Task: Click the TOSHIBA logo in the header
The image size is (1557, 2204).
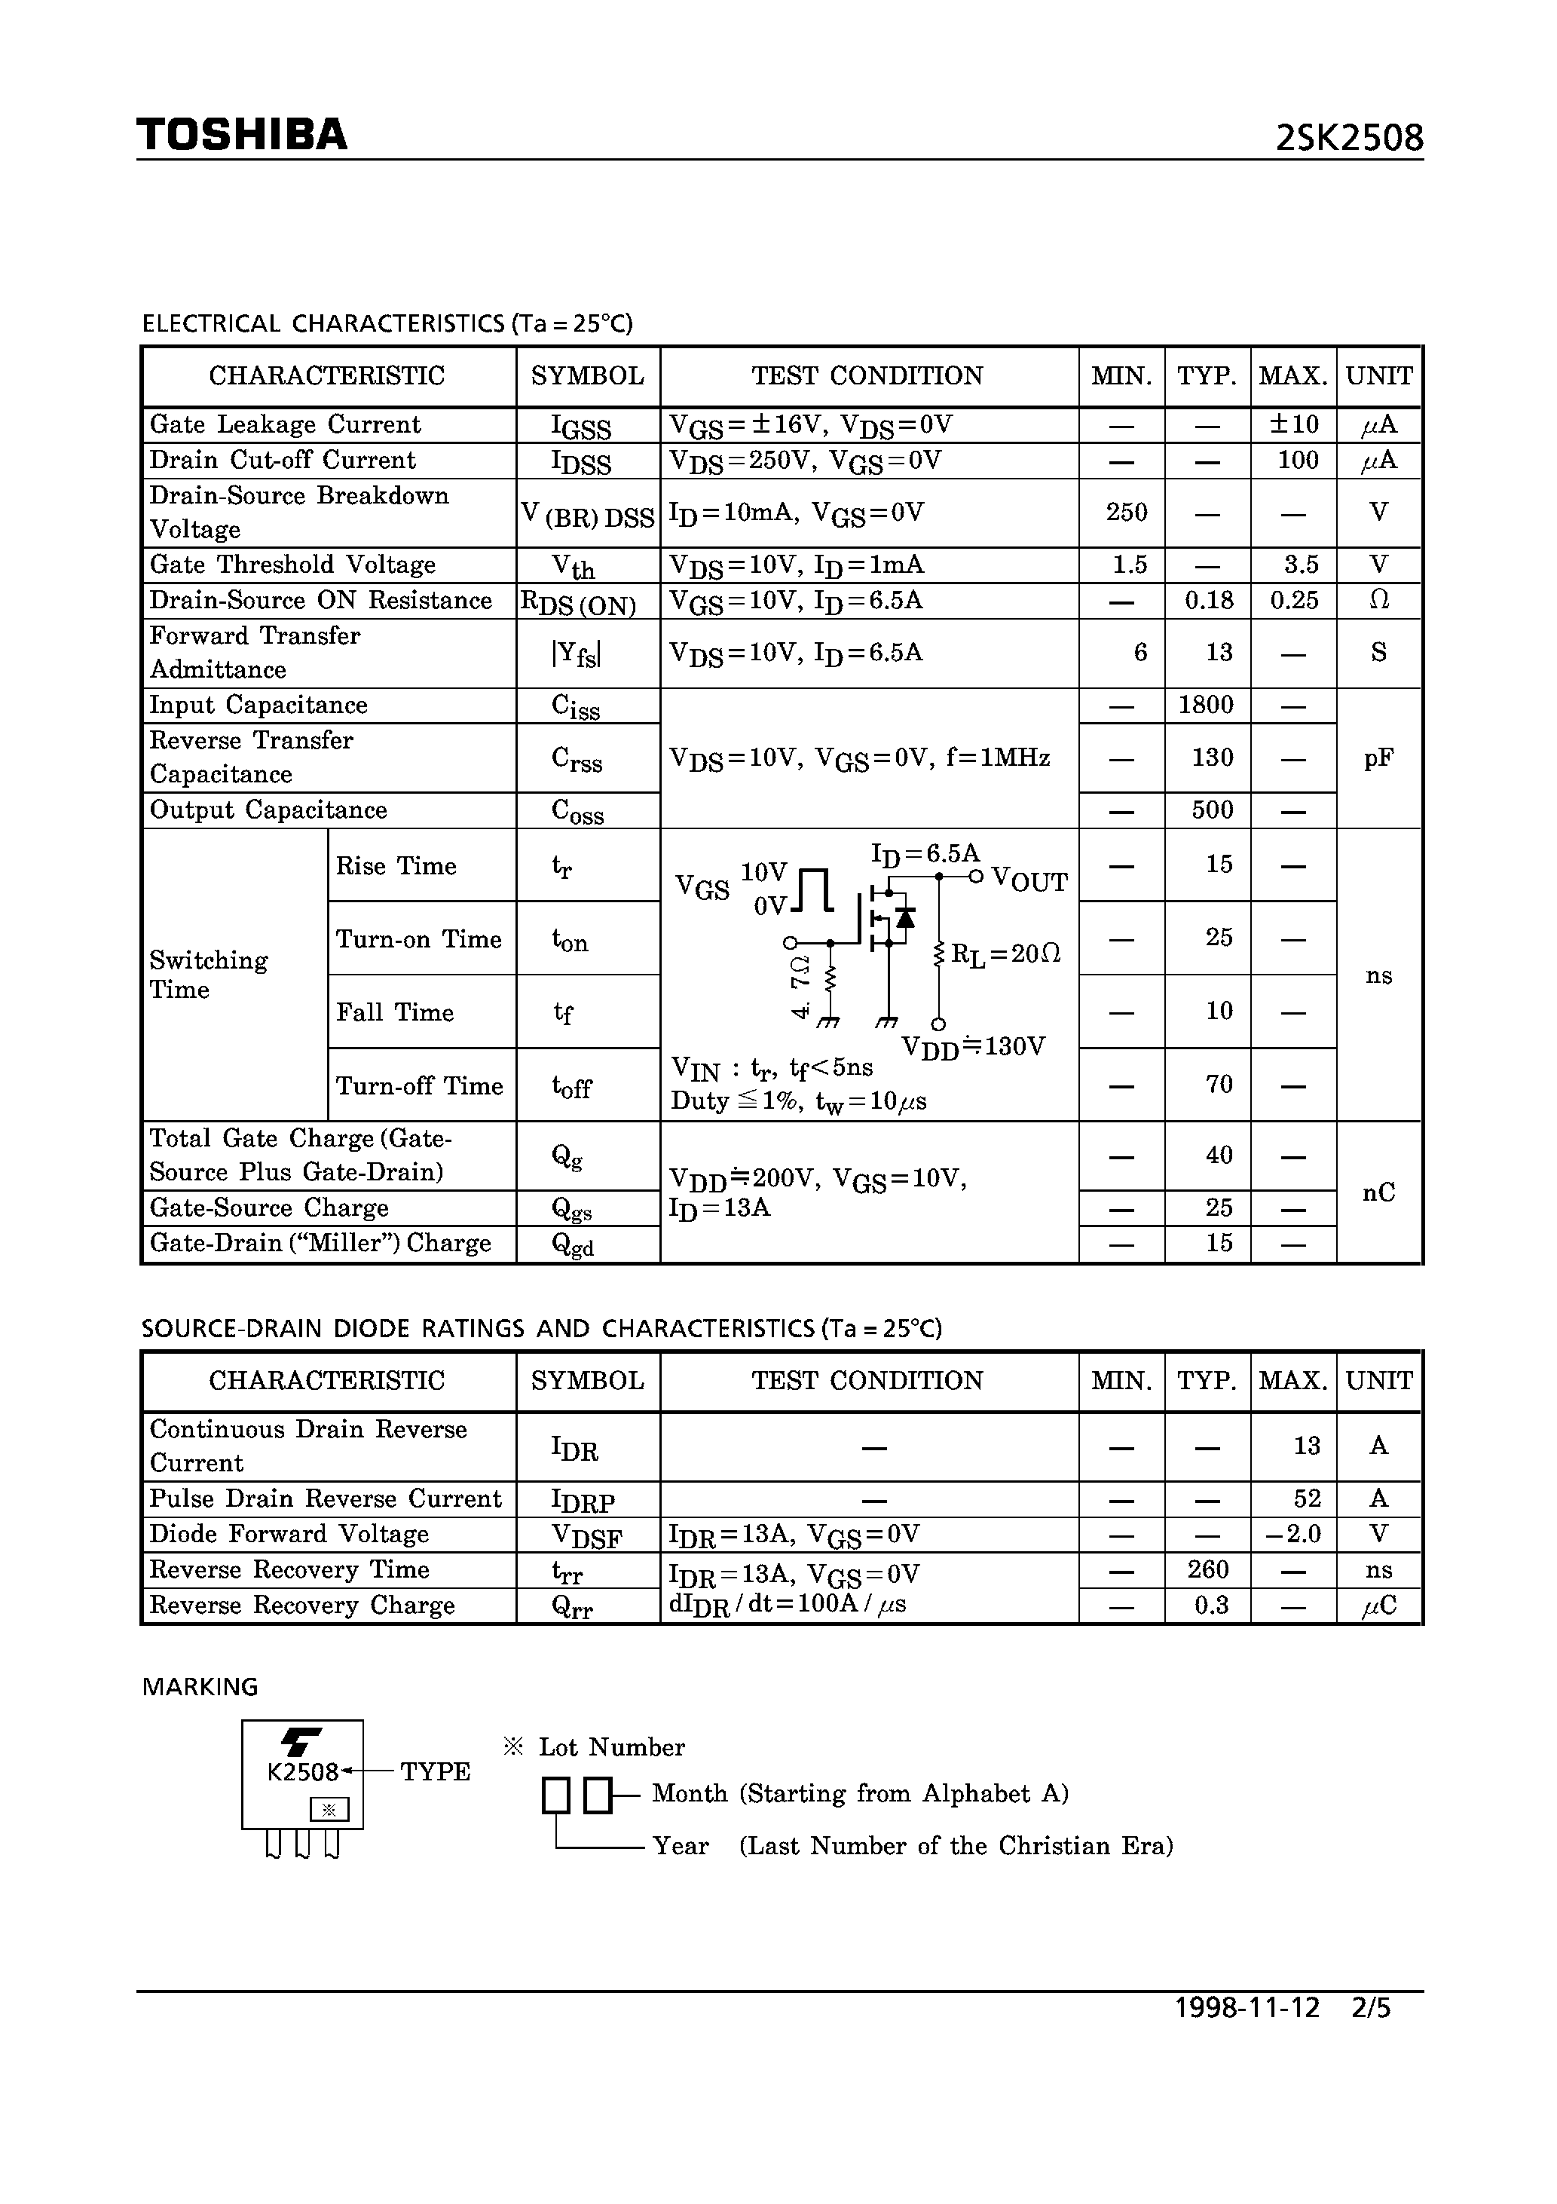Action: pyautogui.click(x=242, y=134)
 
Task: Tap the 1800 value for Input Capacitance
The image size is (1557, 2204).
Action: pyautogui.click(x=1206, y=706)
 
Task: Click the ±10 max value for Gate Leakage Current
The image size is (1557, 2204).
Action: pyautogui.click(x=1294, y=424)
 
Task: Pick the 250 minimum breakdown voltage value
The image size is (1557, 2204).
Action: pyautogui.click(x=1126, y=513)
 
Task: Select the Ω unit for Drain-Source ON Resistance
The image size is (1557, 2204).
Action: pyautogui.click(x=1378, y=601)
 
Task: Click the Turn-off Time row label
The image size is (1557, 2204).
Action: pyautogui.click(x=420, y=1085)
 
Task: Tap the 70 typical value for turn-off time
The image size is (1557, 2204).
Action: pyautogui.click(x=1218, y=1085)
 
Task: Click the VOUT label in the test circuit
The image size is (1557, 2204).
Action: pyautogui.click(x=1029, y=881)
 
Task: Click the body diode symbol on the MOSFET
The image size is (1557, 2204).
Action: pyautogui.click(x=904, y=917)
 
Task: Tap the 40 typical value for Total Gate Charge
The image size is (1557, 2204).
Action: pyautogui.click(x=1218, y=1156)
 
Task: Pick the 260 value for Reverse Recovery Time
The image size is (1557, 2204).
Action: pyautogui.click(x=1207, y=1569)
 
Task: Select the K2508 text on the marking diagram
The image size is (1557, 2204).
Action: pyautogui.click(x=302, y=1772)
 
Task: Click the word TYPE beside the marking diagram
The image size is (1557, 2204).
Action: pyautogui.click(x=435, y=1772)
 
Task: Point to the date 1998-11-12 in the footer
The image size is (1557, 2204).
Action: pyautogui.click(x=1247, y=2008)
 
